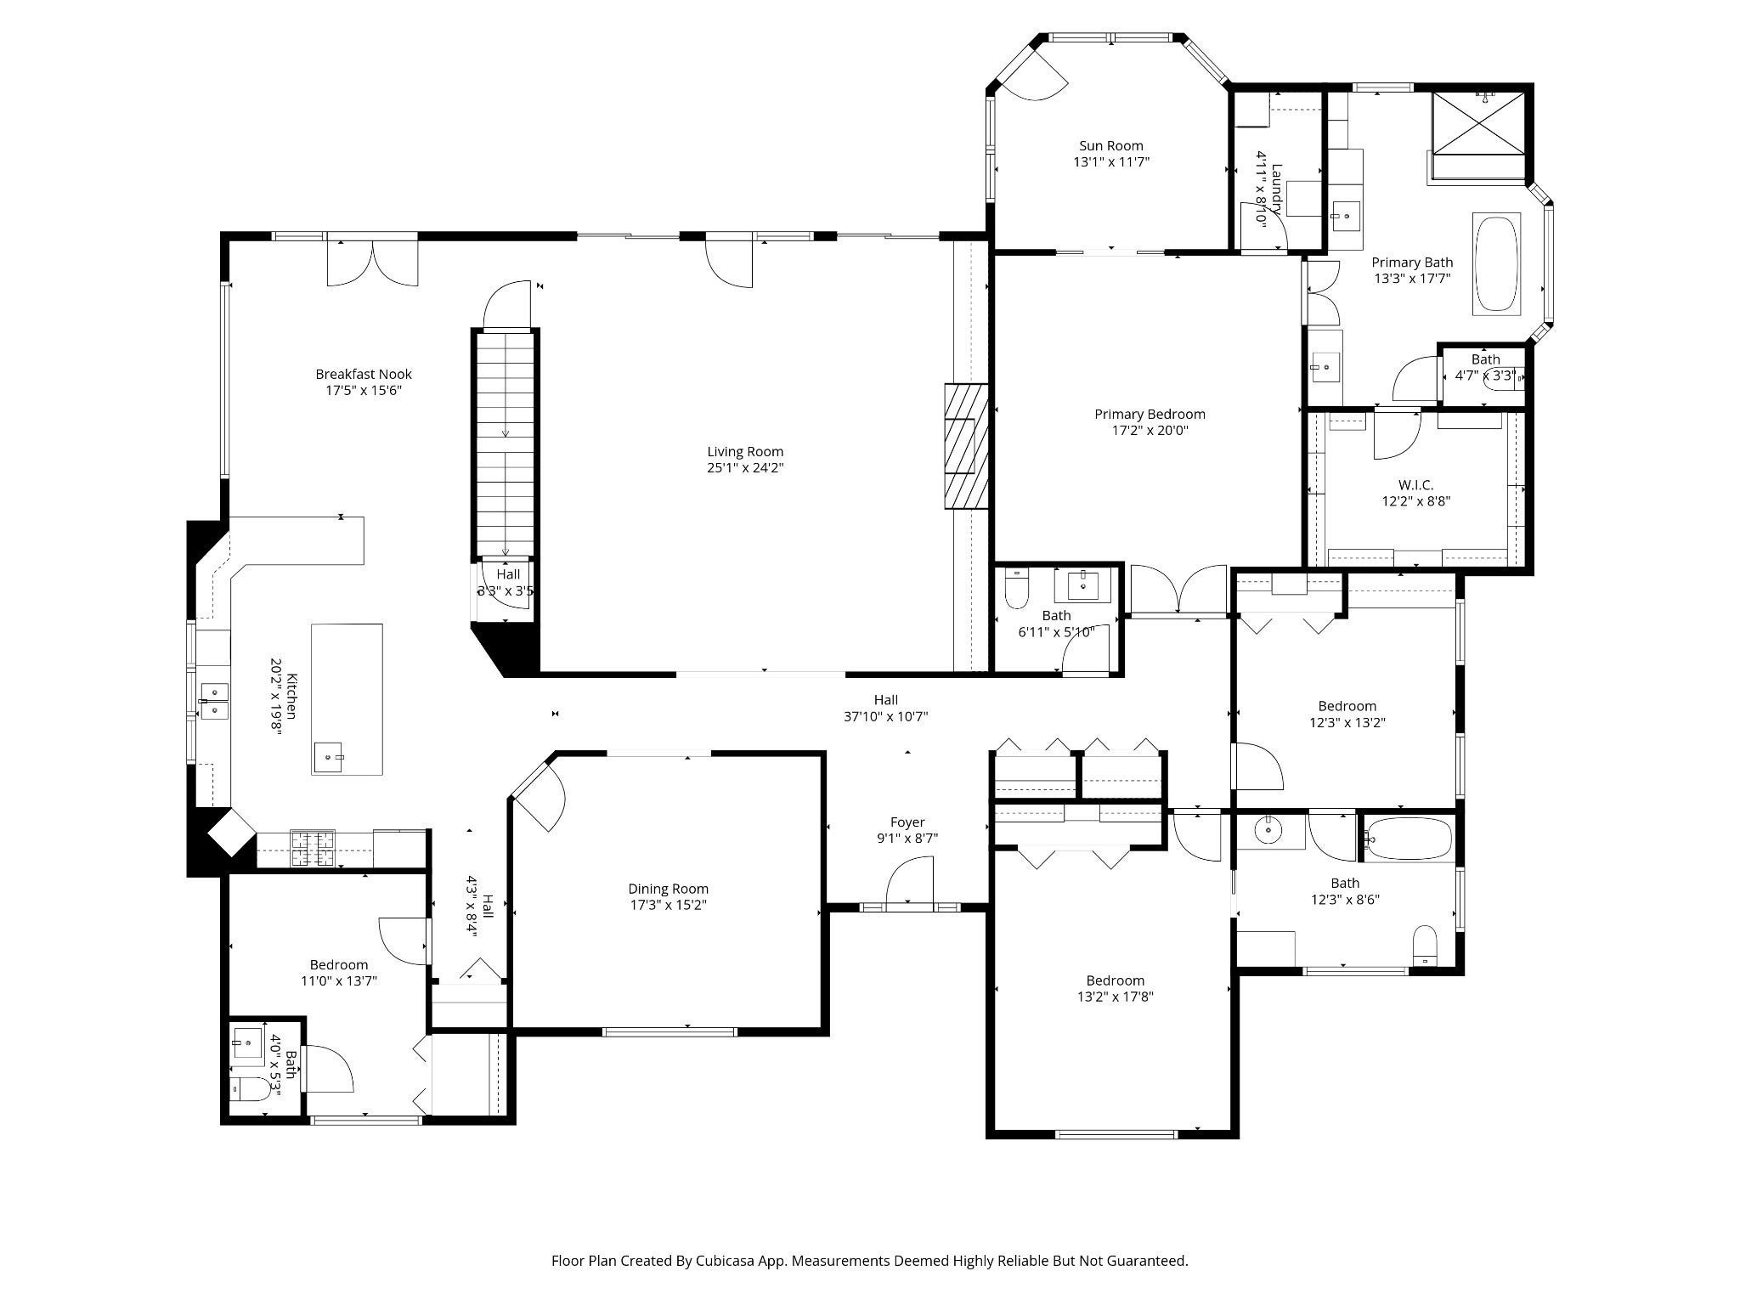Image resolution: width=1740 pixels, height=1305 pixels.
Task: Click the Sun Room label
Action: coord(1111,146)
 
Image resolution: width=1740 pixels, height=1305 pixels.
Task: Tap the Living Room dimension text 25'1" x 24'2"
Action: coord(745,468)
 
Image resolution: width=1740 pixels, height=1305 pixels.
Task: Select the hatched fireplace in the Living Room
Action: coord(966,447)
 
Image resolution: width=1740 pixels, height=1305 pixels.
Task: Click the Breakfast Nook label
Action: coord(364,374)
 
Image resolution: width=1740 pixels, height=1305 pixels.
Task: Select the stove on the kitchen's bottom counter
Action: coord(313,848)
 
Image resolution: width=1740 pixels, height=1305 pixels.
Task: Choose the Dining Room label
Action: coord(669,889)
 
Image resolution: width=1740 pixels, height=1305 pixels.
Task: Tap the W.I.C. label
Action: coord(1415,485)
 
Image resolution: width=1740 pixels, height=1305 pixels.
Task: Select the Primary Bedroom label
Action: coord(1150,415)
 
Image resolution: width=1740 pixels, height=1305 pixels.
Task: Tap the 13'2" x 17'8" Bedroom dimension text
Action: coord(1115,997)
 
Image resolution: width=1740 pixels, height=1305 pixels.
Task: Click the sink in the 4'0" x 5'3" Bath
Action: coord(248,1044)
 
